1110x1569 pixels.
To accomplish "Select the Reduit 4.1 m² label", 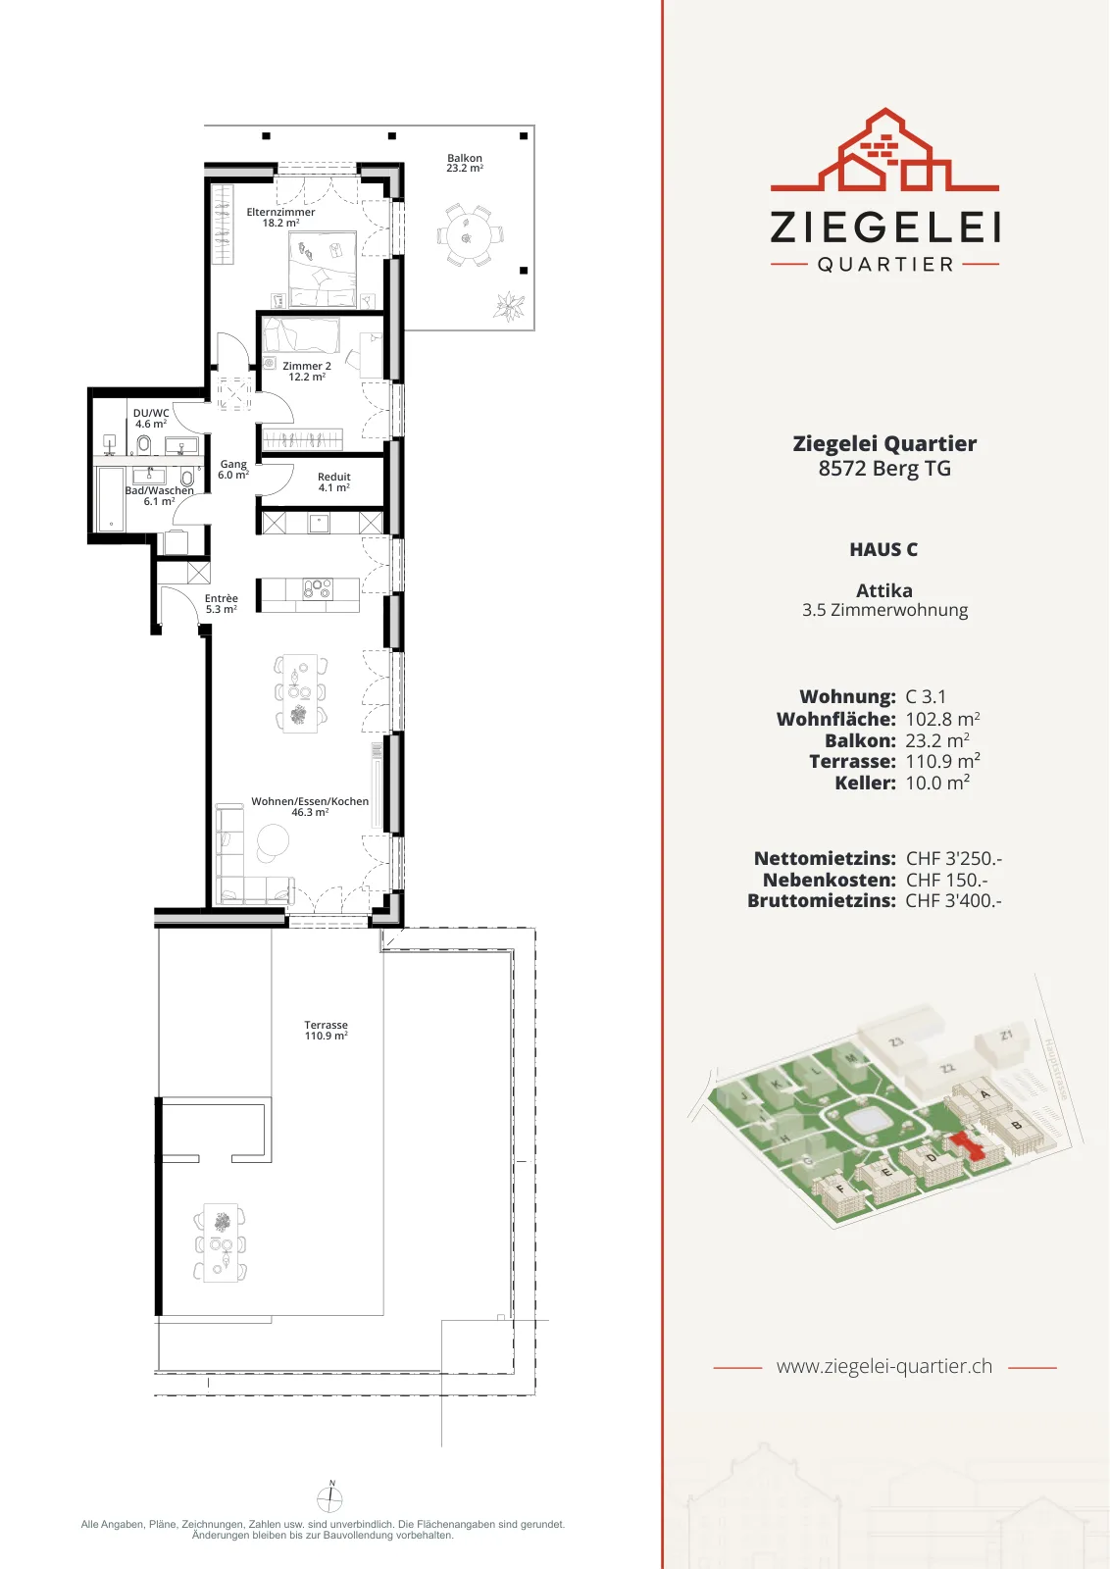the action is pyautogui.click(x=334, y=481).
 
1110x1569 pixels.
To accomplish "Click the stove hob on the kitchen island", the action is pyautogui.click(x=318, y=588).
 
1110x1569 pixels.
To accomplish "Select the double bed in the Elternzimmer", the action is pyautogui.click(x=323, y=271).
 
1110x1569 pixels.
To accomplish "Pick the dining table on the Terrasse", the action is pyautogui.click(x=221, y=1241).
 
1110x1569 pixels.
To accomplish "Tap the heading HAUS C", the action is pyautogui.click(x=883, y=550).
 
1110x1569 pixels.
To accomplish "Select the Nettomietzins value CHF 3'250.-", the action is pyautogui.click(x=954, y=858).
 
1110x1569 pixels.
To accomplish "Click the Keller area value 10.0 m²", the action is pyautogui.click(x=937, y=783).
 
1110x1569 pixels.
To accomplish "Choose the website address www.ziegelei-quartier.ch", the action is pyautogui.click(x=884, y=1366).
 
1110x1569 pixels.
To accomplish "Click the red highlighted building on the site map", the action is pyautogui.click(x=968, y=1146).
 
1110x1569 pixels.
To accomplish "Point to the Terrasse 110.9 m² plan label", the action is pyautogui.click(x=326, y=1031).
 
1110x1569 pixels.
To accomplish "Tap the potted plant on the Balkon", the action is pyautogui.click(x=509, y=306).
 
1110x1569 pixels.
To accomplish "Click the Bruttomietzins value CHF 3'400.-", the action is pyautogui.click(x=954, y=900).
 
